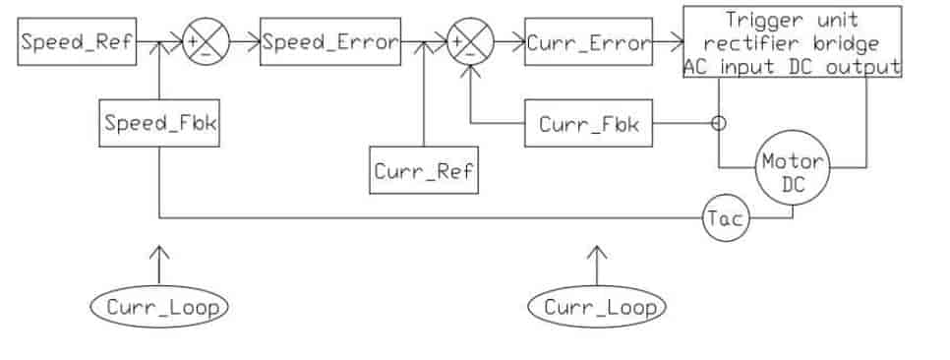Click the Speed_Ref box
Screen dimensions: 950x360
tap(77, 41)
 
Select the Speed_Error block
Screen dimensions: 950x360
tap(330, 41)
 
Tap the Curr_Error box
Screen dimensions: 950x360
tap(588, 41)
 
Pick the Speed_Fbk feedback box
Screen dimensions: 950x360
tap(159, 123)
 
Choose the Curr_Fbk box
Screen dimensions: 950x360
tap(588, 123)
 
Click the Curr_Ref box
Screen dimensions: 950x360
tap(424, 170)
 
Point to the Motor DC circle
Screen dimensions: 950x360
tap(793, 170)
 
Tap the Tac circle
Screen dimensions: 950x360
tap(726, 218)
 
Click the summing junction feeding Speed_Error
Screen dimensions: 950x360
tap(206, 41)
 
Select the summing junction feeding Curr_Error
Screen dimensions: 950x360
tap(471, 41)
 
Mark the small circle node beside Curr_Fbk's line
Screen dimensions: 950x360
tap(719, 124)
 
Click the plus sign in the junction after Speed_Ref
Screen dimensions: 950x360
tap(193, 41)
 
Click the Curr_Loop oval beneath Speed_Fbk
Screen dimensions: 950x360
tap(159, 307)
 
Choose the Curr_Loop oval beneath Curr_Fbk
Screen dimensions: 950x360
tap(597, 307)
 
